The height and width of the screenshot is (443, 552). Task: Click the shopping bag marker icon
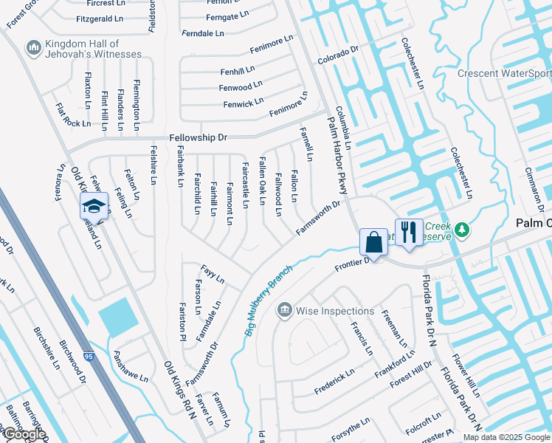373,242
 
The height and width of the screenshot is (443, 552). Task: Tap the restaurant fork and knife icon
407,232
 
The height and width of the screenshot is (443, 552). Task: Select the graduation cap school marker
94,205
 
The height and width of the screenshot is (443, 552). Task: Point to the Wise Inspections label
335,311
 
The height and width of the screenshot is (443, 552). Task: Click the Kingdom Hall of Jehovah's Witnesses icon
32,48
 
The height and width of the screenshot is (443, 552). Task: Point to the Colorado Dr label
337,55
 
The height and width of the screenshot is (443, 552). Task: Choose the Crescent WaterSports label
504,73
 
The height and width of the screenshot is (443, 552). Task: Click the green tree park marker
462,230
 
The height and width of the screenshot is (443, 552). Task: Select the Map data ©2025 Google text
506,437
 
